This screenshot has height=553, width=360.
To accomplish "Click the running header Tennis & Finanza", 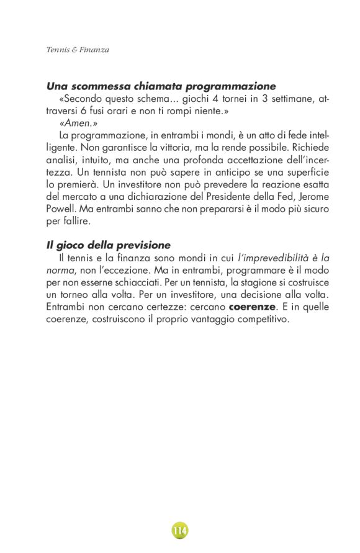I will click(x=78, y=50).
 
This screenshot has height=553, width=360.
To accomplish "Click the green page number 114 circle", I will click(x=180, y=531).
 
